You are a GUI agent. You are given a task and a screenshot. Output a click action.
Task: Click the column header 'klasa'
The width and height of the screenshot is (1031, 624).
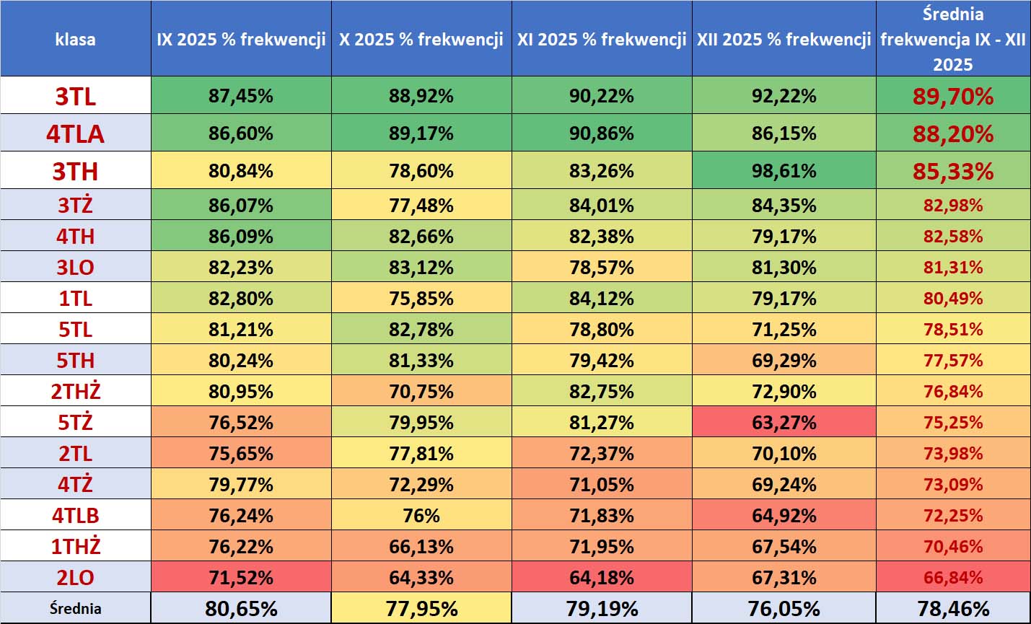(75, 39)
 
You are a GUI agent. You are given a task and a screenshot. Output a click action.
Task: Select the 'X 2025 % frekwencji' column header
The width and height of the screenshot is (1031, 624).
(421, 39)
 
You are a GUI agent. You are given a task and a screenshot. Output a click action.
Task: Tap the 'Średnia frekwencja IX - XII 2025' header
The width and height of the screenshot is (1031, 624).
(952, 39)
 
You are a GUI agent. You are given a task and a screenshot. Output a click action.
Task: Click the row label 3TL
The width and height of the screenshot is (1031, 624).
(75, 96)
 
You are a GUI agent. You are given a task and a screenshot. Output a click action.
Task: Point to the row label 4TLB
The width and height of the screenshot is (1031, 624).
(75, 516)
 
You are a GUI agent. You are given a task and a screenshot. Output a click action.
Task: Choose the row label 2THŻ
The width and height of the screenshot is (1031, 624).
(75, 392)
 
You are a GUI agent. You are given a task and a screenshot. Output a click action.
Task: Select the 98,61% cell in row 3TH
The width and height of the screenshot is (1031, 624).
(784, 171)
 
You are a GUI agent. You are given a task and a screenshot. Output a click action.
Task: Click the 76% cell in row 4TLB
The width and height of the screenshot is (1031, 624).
(421, 516)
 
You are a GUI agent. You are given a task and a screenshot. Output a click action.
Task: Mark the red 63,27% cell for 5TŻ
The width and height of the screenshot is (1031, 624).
(784, 423)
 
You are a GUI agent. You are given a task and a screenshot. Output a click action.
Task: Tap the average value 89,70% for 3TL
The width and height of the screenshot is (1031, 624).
(952, 96)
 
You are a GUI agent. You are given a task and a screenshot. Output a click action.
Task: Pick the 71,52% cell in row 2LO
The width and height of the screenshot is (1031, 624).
(241, 578)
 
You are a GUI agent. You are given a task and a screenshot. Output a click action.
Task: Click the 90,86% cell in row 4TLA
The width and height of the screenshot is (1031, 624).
(602, 133)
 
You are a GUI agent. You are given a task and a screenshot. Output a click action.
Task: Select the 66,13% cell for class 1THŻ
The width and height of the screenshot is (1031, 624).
(421, 547)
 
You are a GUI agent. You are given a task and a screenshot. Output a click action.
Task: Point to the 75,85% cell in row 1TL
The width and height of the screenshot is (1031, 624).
(421, 299)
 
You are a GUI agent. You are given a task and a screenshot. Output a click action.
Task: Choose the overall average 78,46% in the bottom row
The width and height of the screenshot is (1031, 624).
(952, 608)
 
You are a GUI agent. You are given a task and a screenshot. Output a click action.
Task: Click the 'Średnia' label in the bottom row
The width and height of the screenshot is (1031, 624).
(75, 608)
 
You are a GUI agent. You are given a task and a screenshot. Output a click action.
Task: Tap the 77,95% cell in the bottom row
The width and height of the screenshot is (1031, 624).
(421, 608)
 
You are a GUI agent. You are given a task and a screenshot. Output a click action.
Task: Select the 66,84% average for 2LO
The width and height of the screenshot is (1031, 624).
(952, 578)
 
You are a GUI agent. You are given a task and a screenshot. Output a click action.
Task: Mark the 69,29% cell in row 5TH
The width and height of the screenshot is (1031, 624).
(784, 361)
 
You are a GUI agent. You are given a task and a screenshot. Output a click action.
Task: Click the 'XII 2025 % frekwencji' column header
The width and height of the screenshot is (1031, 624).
(784, 39)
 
